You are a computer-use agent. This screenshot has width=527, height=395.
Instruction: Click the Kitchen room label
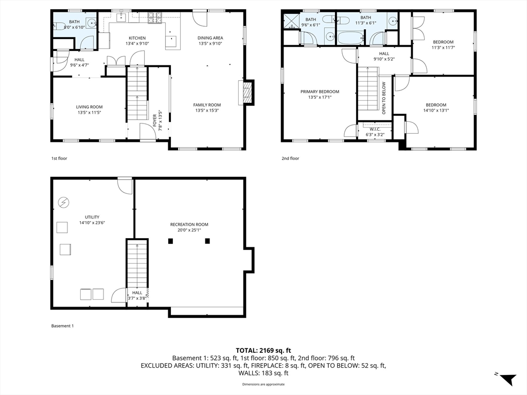pos(137,38)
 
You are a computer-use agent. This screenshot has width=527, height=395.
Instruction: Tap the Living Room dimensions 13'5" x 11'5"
pos(89,113)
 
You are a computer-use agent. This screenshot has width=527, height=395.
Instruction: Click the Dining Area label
pos(210,38)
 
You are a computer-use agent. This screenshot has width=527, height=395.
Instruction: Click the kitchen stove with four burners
pos(155,18)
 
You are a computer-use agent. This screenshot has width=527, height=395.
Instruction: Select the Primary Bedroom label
pos(320,92)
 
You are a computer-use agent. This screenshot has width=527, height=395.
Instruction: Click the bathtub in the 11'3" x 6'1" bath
pos(350,38)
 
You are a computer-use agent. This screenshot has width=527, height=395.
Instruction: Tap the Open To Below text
pos(384,98)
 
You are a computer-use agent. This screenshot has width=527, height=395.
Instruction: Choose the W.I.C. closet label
pos(375,129)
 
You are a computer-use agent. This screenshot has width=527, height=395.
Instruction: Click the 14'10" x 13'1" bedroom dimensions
pos(436,110)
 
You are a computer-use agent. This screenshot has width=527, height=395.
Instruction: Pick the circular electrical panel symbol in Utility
pos(63,202)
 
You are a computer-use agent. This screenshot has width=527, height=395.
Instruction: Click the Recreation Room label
pos(189,224)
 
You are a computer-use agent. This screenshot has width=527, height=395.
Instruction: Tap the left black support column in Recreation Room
pos(170,241)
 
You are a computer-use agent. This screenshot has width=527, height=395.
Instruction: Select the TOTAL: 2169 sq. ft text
pos(263,351)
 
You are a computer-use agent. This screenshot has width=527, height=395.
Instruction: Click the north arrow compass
pos(507,379)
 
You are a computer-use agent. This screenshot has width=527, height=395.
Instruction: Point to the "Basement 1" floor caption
pos(62,326)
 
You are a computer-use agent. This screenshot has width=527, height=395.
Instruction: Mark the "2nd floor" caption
pos(290,158)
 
